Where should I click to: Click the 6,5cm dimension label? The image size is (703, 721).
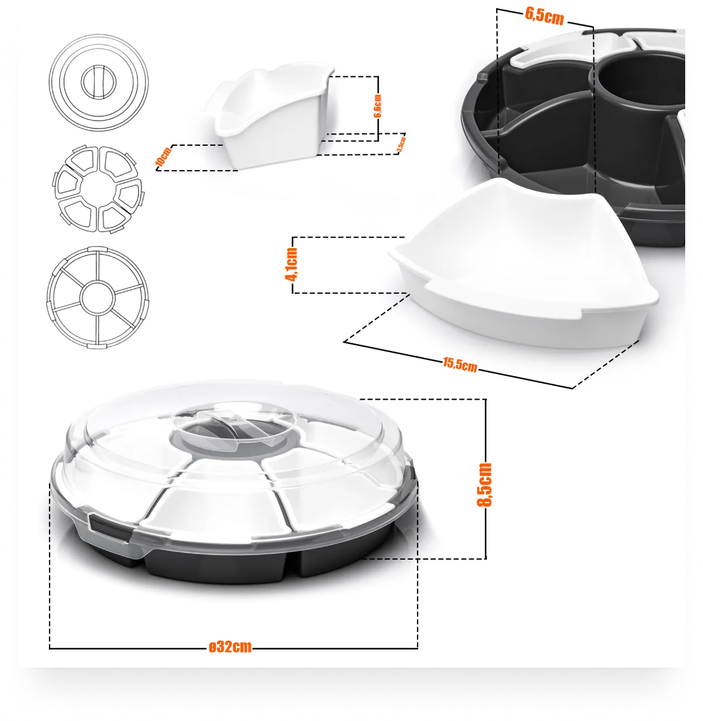[x=544, y=16]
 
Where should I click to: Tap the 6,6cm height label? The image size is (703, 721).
[x=378, y=106]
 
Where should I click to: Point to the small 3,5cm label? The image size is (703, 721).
[x=402, y=144]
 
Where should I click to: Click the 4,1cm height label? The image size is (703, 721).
[x=291, y=264]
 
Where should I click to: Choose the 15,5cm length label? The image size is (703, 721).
[x=460, y=364]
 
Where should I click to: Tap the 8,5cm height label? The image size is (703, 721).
[x=484, y=485]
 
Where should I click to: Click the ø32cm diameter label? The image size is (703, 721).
[x=230, y=647]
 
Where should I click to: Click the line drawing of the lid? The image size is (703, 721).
[x=98, y=82]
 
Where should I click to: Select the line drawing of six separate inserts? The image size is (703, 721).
[x=98, y=189]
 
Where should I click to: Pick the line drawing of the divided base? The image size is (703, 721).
[x=98, y=298]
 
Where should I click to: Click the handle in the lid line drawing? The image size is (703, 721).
[x=98, y=82]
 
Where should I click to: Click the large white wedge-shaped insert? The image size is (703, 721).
[x=522, y=263]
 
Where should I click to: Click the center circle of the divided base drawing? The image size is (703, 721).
[x=98, y=298]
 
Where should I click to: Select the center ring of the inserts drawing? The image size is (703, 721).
[x=98, y=189]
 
